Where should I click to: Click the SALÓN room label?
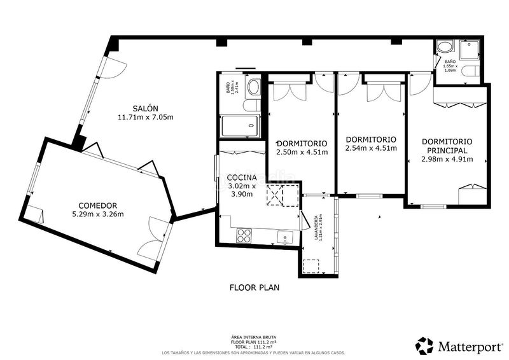pyautogui.click(x=146, y=107)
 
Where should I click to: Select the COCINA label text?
pyautogui.click(x=241, y=177)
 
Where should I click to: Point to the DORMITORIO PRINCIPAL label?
pyautogui.click(x=447, y=146)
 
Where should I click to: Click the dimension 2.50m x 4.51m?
pyautogui.click(x=302, y=152)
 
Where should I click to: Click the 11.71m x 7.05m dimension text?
pyautogui.click(x=146, y=117)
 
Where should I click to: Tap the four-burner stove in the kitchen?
pyautogui.click(x=244, y=235)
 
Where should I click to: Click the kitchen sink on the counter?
pyautogui.click(x=284, y=237)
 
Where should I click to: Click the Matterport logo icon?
pyautogui.click(x=424, y=345)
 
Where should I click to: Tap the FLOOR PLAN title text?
pyautogui.click(x=254, y=287)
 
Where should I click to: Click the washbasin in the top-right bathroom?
pyautogui.click(x=444, y=47)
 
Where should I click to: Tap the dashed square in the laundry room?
pyautogui.click(x=312, y=266)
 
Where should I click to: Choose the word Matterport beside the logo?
pyautogui.click(x=469, y=346)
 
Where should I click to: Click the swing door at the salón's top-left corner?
pyautogui.click(x=115, y=67)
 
